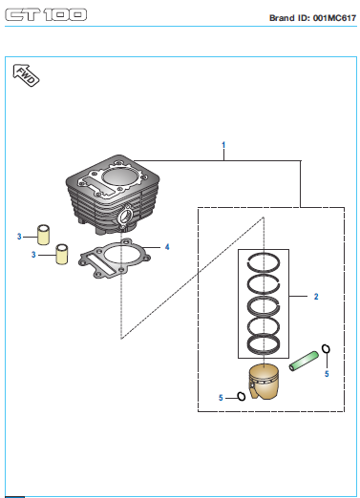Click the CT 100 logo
(x=46, y=14)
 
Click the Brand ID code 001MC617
(x=334, y=18)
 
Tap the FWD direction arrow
(x=26, y=75)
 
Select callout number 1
(x=223, y=145)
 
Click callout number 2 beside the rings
(x=316, y=297)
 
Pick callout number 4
(x=167, y=247)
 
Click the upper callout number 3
(x=19, y=237)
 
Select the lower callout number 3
(x=33, y=255)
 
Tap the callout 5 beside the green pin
(x=327, y=374)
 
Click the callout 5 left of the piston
(x=221, y=398)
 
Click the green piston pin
(x=304, y=361)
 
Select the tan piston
(x=264, y=382)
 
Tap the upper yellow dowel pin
(x=43, y=235)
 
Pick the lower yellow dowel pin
(x=62, y=254)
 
